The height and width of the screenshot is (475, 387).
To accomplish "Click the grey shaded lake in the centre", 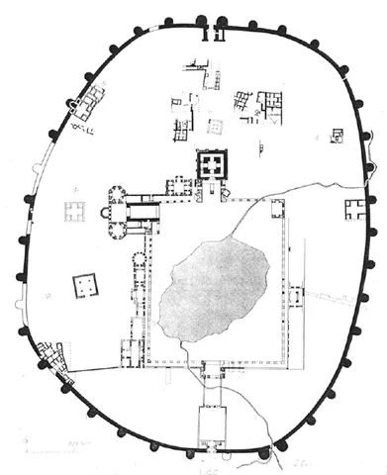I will [x=212, y=287].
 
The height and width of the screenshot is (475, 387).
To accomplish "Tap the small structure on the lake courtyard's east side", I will [x=296, y=295].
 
